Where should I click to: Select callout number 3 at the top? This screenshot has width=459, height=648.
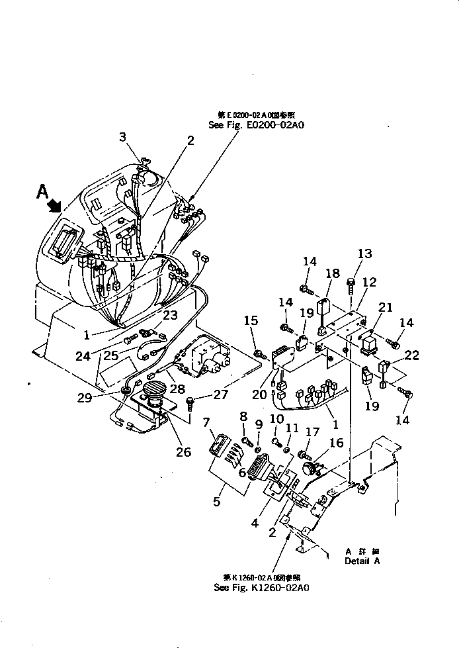122,137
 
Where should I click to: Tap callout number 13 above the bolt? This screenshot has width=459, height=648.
365,254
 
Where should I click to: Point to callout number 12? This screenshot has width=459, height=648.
369,282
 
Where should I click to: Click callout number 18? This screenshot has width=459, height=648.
331,273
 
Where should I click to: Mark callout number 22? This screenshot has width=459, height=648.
412,355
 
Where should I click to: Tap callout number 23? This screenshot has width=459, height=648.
169,316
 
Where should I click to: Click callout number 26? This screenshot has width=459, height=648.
183,453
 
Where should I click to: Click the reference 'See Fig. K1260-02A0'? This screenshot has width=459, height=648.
262,586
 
